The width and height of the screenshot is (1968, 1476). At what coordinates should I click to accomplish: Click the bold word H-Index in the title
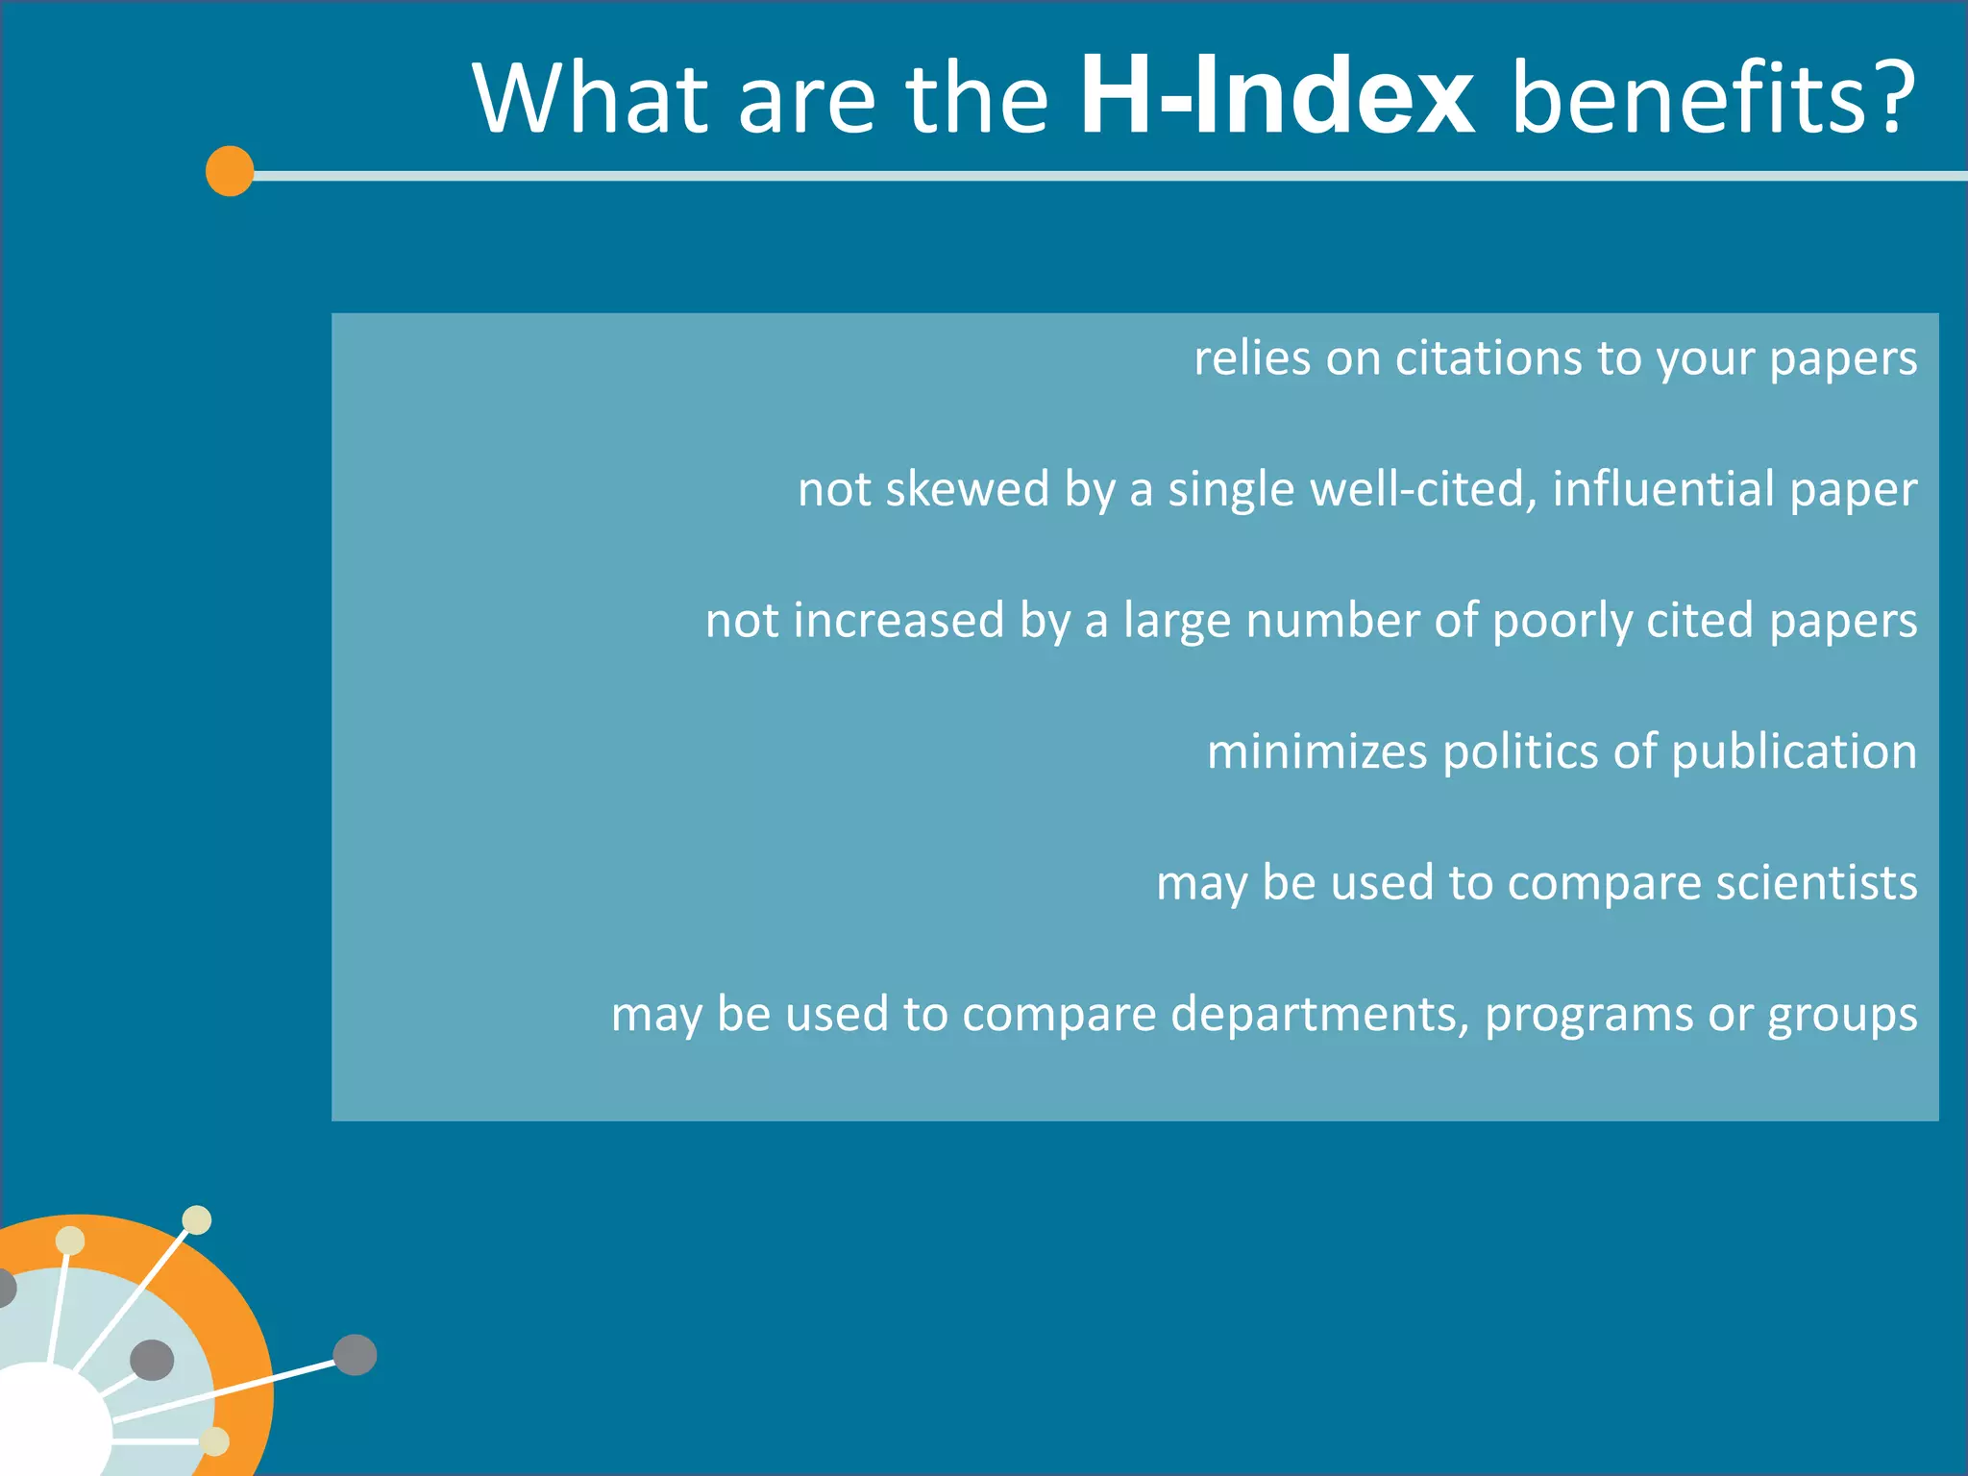pyautogui.click(x=1276, y=96)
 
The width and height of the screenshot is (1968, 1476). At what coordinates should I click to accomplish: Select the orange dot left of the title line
pyautogui.click(x=230, y=171)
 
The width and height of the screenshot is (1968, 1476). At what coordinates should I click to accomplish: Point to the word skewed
pyautogui.click(x=967, y=489)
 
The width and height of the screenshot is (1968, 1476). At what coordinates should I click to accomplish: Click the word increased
pyautogui.click(x=898, y=621)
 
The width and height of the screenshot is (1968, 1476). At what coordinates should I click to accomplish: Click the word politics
pyautogui.click(x=1520, y=751)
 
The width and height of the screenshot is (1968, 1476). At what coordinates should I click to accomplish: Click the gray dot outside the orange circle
pyautogui.click(x=355, y=1355)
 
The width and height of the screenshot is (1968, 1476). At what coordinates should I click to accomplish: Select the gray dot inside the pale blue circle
pyautogui.click(x=152, y=1360)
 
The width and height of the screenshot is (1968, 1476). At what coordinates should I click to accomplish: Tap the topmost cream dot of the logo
pyautogui.click(x=197, y=1219)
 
